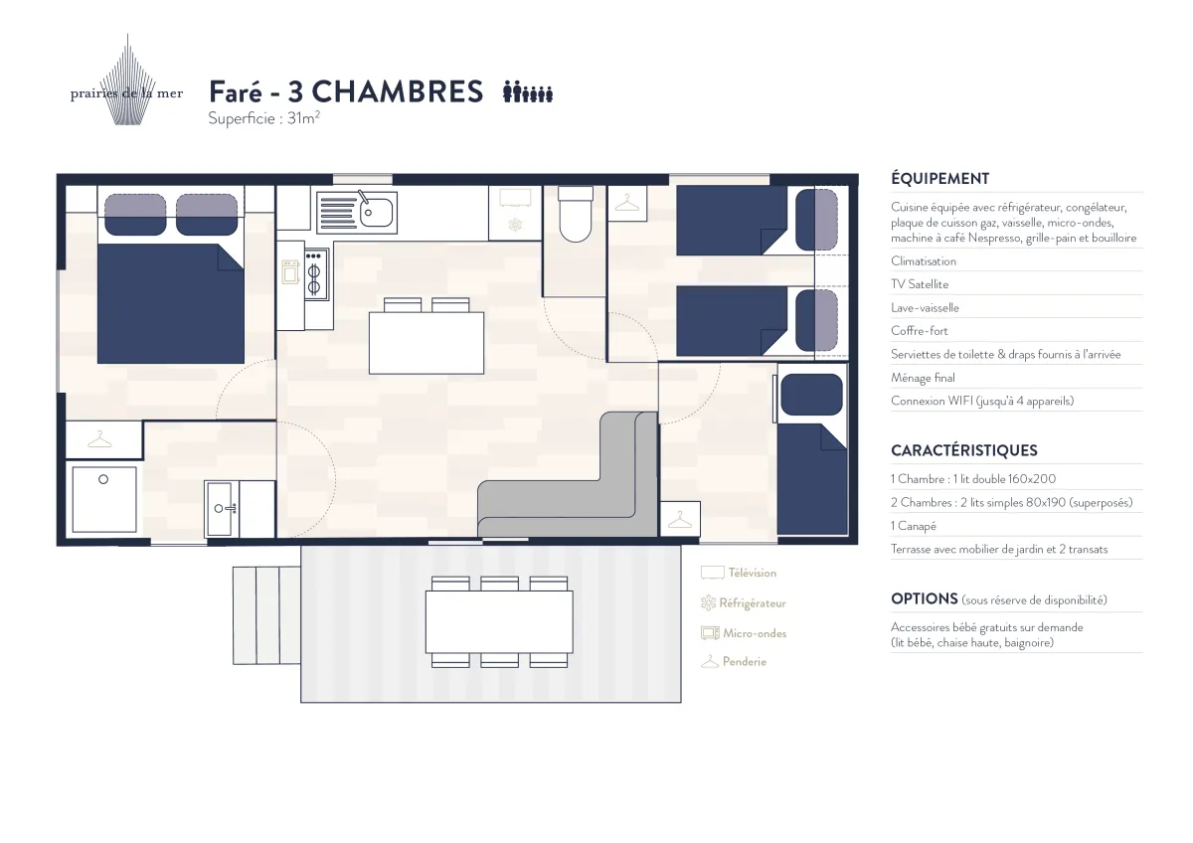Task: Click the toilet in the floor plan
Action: click(x=576, y=214)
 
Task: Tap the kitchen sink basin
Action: click(x=376, y=214)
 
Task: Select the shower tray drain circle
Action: click(x=103, y=479)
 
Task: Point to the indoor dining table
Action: click(x=426, y=343)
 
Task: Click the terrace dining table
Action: click(x=499, y=621)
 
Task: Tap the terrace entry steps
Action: click(x=266, y=615)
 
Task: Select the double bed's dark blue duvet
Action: click(x=170, y=303)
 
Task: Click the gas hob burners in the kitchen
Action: click(x=315, y=274)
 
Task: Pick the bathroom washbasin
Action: click(x=221, y=509)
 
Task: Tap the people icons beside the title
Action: click(x=528, y=91)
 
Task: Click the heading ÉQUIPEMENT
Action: click(x=940, y=178)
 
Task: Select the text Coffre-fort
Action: click(x=920, y=331)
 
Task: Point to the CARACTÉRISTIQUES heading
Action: click(x=964, y=450)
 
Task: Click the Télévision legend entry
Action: click(x=739, y=573)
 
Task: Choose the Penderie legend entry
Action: click(x=734, y=661)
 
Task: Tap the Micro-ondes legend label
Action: click(x=755, y=633)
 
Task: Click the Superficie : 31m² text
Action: click(x=263, y=118)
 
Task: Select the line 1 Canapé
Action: click(x=914, y=526)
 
